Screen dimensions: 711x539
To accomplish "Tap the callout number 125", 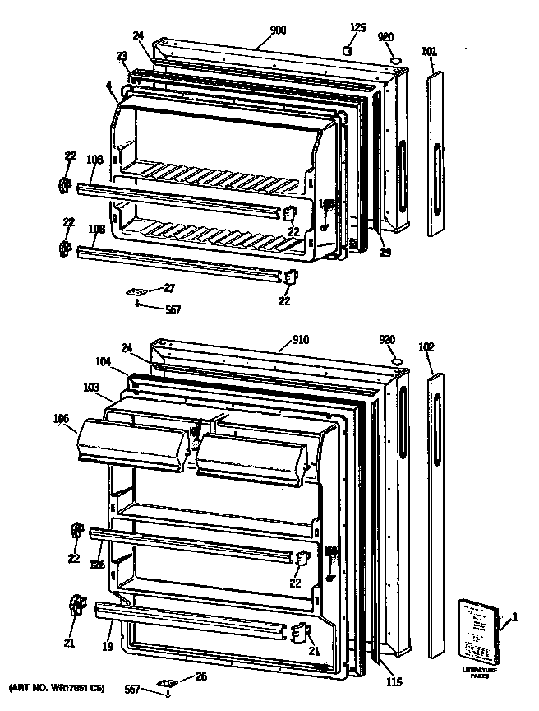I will click(x=357, y=28).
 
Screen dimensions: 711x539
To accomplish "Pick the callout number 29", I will click(x=385, y=252).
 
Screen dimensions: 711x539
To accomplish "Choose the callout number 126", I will click(x=97, y=565).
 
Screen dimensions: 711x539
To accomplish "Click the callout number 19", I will click(x=107, y=648).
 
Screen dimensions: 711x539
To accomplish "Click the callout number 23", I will click(x=122, y=57).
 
